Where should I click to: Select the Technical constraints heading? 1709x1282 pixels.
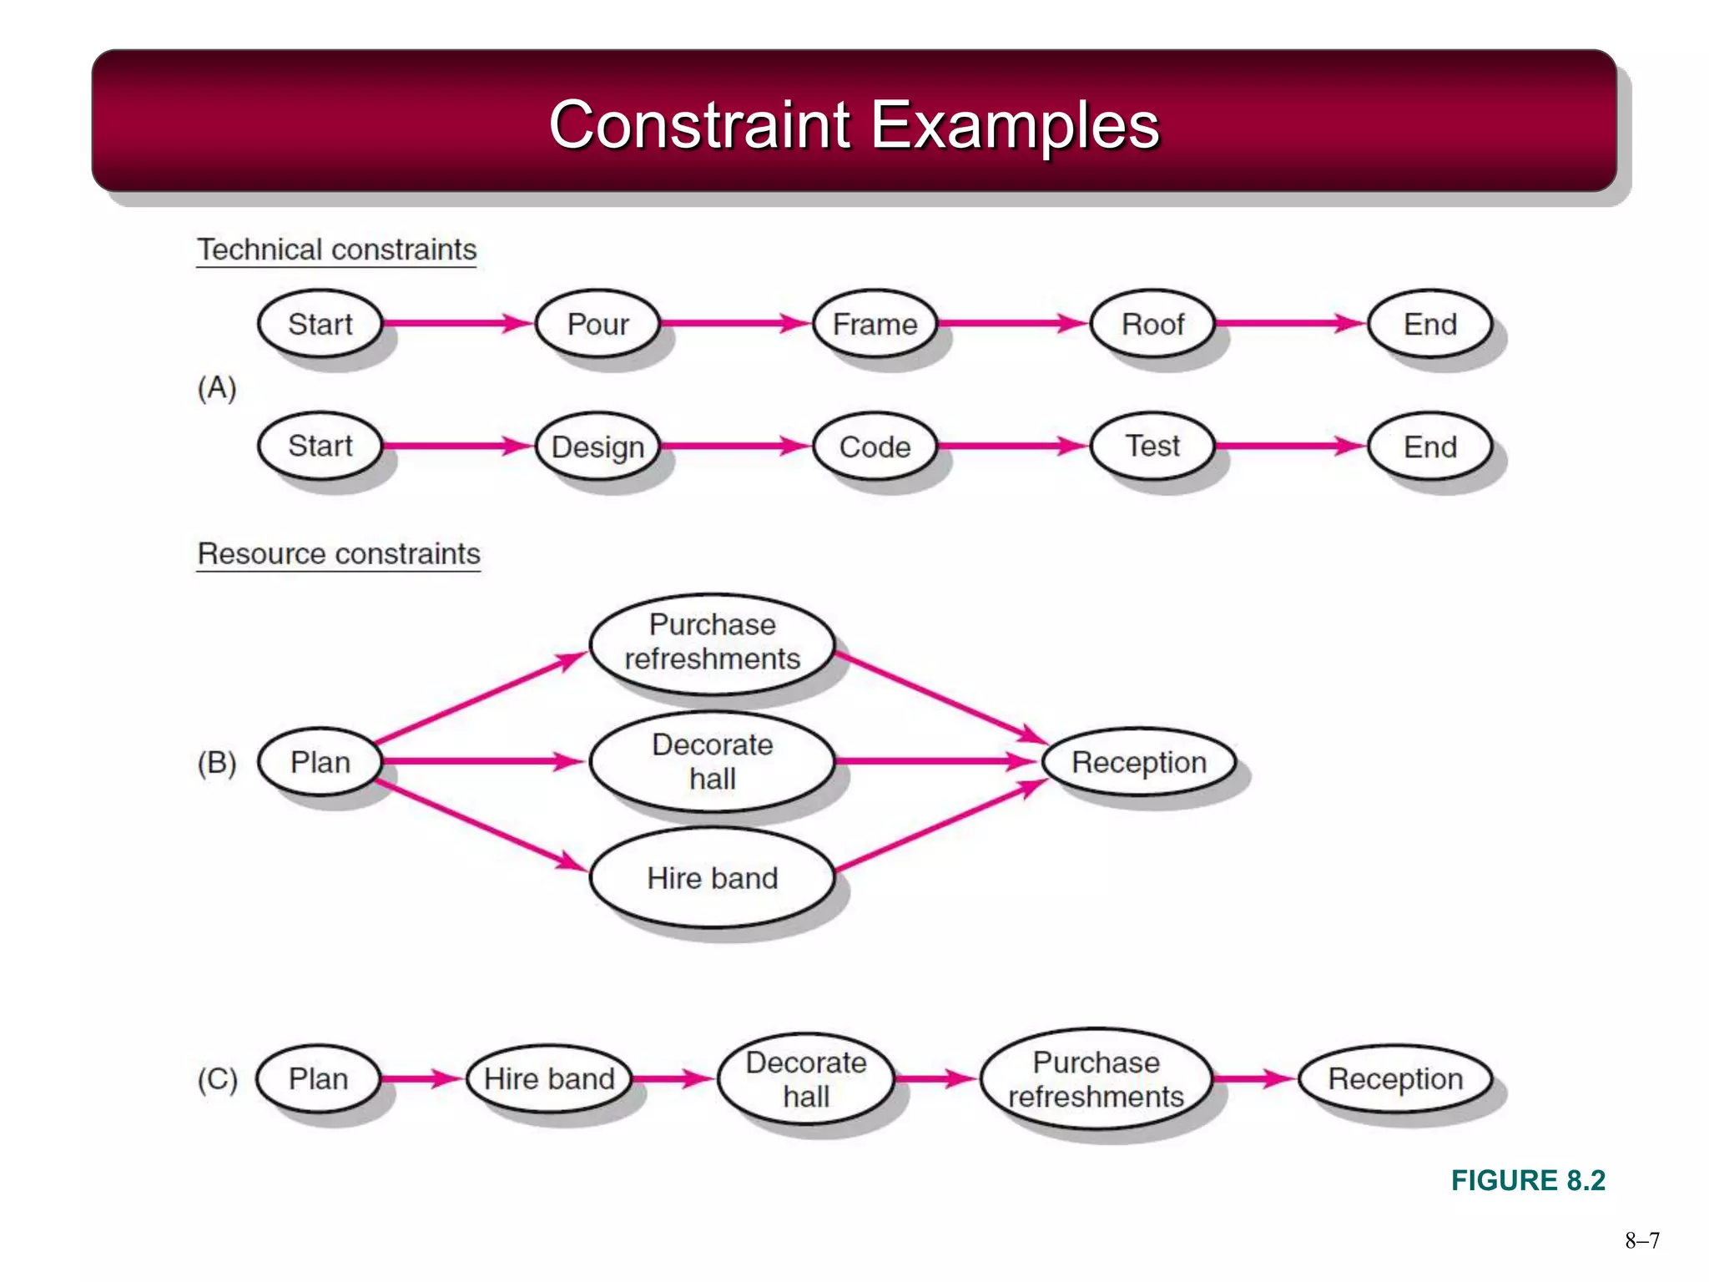pos(336,250)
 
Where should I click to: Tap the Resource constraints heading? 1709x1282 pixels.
pos(339,553)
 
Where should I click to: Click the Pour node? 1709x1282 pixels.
pos(597,324)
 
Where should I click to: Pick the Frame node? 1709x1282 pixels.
pos(875,324)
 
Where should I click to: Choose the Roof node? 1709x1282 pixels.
pos(1152,324)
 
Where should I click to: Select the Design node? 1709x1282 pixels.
pos(597,447)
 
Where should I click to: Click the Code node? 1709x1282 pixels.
pos(875,447)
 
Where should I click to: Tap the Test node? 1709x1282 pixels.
pos(1152,446)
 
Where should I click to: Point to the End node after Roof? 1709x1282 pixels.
pos(1429,324)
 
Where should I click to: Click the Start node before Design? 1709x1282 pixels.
pos(320,446)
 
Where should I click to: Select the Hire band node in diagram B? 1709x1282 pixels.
pos(712,878)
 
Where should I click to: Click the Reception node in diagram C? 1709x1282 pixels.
pos(1395,1078)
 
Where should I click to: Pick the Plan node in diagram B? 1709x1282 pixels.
pos(320,762)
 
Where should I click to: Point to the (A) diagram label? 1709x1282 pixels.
pos(217,387)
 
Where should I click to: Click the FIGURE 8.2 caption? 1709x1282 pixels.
pos(1528,1180)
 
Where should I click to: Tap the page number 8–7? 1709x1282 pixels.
pos(1641,1240)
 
